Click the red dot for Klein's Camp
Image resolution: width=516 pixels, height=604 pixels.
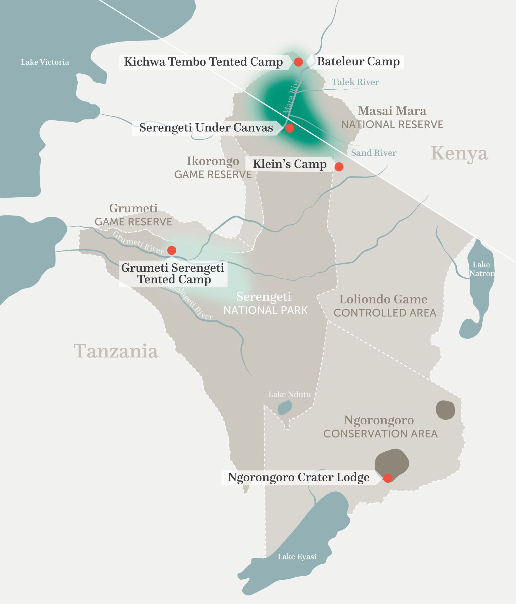(339, 167)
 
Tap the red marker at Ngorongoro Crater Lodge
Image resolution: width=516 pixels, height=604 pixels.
(388, 478)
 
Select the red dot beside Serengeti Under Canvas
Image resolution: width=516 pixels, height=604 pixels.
(290, 128)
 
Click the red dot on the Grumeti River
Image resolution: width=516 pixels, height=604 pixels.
(172, 250)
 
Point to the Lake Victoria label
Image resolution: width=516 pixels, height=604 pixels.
(45, 62)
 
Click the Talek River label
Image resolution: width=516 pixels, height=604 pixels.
(355, 82)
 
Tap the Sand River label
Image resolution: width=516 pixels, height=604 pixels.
(373, 153)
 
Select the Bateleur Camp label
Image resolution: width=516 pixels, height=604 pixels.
(358, 62)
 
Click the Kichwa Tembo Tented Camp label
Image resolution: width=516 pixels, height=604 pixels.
(203, 62)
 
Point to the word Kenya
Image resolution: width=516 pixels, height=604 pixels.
(459, 153)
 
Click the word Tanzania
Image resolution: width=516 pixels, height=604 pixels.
(116, 351)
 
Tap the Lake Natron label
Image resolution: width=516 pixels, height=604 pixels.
(481, 269)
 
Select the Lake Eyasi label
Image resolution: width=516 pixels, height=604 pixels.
(297, 557)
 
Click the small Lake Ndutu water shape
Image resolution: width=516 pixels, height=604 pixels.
(285, 408)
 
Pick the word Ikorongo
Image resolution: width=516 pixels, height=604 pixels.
(213, 161)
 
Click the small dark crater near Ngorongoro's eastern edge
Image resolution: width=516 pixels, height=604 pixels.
(445, 410)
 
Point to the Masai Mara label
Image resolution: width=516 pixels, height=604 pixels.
(392, 111)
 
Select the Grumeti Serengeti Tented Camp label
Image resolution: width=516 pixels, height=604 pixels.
(173, 274)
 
